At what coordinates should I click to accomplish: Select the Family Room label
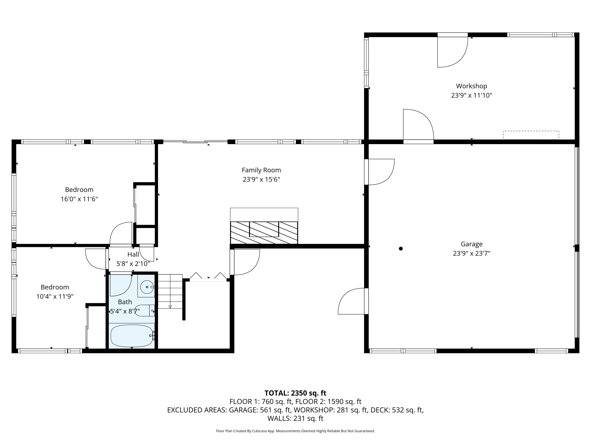(x=261, y=170)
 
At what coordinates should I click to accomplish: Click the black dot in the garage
(x=401, y=249)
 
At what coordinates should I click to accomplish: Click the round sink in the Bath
(x=147, y=287)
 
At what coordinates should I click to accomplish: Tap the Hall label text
(x=133, y=254)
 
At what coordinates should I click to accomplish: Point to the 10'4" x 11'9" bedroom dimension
(x=55, y=296)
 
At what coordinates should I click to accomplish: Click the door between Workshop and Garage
(x=418, y=125)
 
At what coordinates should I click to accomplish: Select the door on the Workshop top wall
(x=452, y=51)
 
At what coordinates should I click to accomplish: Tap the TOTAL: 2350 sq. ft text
(x=295, y=393)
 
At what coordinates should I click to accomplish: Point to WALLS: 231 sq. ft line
(x=295, y=418)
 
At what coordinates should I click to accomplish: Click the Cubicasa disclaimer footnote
(x=295, y=431)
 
